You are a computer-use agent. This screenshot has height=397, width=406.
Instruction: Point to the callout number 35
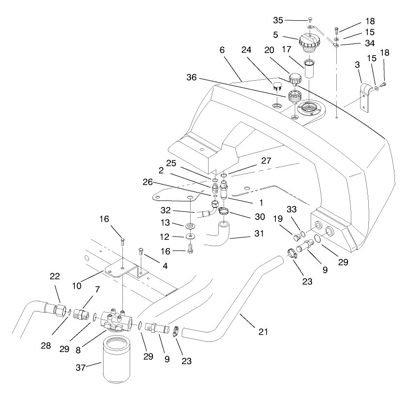click(278, 20)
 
